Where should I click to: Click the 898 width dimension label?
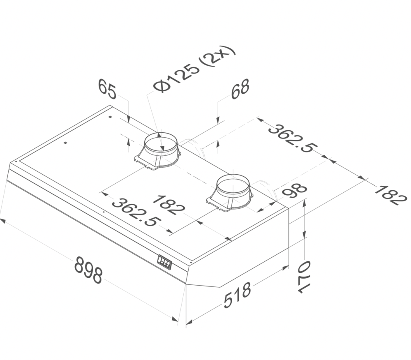coord(88,270)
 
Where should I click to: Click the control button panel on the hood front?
coord(164,262)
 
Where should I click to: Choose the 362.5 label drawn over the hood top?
coord(135,212)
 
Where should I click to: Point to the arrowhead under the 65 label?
coord(129,120)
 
